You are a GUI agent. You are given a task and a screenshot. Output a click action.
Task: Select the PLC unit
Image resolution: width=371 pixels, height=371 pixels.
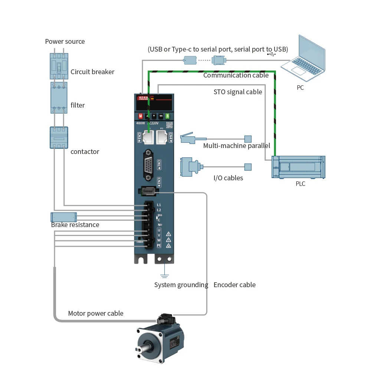click(x=298, y=167)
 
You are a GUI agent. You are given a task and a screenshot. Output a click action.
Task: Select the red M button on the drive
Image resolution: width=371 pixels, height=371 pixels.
click(x=141, y=116)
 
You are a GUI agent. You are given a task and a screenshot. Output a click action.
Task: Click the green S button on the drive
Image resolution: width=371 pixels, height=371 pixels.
click(x=167, y=116)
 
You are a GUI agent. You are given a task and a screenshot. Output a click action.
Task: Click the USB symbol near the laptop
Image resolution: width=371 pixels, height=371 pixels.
click(x=272, y=54)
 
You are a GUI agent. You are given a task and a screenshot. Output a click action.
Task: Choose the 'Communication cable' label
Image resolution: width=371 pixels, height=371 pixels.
click(x=236, y=75)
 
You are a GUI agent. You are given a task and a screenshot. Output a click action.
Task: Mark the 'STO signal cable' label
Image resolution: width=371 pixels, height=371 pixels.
click(x=238, y=92)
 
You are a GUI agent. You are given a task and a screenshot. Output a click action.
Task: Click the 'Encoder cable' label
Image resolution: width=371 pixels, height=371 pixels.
click(x=234, y=285)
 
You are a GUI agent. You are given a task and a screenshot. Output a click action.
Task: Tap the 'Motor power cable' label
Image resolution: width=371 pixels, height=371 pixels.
click(x=95, y=313)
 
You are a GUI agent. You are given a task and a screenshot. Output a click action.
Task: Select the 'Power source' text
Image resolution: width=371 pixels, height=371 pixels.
click(x=65, y=42)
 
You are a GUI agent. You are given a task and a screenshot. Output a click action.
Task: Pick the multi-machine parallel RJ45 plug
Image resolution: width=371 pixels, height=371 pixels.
click(x=189, y=138)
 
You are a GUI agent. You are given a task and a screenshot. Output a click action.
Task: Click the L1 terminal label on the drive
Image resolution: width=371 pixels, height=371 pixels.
click(x=159, y=205)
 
